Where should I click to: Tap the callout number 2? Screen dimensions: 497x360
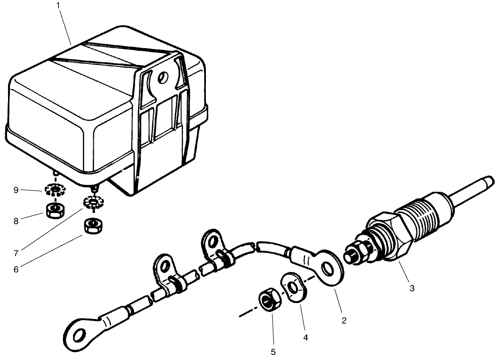[x=344, y=320]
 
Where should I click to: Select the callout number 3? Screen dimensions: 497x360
[x=412, y=288]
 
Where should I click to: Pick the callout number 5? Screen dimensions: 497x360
[x=274, y=352]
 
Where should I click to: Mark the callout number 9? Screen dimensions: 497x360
[x=16, y=190]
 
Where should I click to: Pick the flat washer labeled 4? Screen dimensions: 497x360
[x=293, y=287]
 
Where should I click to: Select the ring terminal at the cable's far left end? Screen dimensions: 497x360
[x=81, y=333]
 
